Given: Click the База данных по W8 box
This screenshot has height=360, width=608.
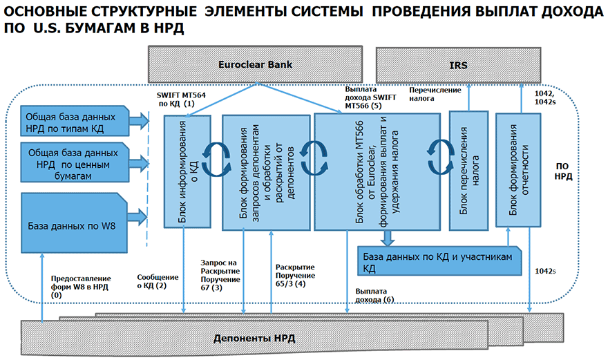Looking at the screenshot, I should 73,225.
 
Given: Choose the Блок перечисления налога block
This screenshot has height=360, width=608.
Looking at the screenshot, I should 469,170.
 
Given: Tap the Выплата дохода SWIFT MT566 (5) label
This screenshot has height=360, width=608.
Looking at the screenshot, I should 371,98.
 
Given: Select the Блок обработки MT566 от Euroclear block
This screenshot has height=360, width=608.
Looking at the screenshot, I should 377,171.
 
